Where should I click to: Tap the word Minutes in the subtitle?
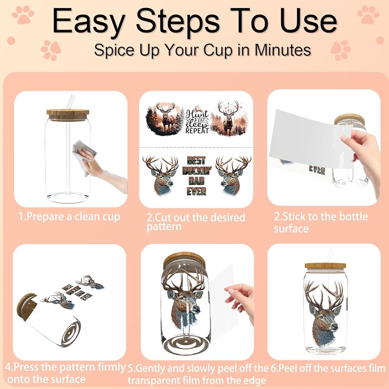pyautogui.click(x=282, y=50)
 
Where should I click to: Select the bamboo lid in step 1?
pyautogui.click(x=68, y=115)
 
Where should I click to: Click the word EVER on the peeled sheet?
pyautogui.click(x=317, y=170)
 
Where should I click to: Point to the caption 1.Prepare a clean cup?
pyautogui.click(x=69, y=217)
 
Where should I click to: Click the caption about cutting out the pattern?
pyautogui.click(x=196, y=222)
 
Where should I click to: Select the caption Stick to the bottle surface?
pyautogui.click(x=321, y=222)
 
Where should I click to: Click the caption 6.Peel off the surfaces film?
pyautogui.click(x=328, y=368)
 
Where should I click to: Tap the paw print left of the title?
pyautogui.click(x=23, y=15)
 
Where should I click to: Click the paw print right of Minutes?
pyautogui.click(x=341, y=50)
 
